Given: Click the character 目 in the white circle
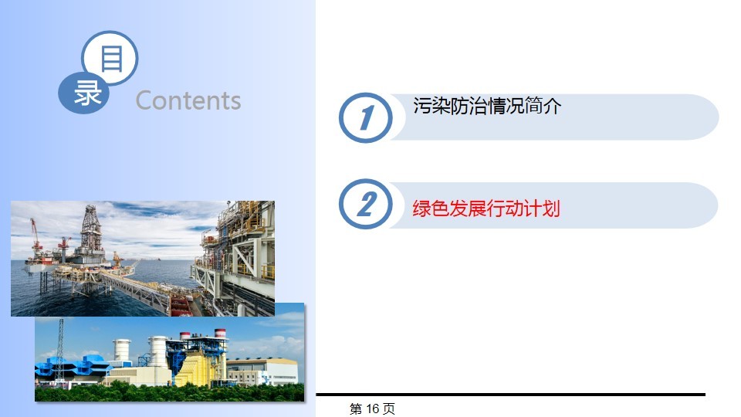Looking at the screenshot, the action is click(x=111, y=59).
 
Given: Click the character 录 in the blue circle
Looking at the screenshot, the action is click(x=87, y=93).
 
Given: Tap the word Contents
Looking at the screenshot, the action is click(x=188, y=100).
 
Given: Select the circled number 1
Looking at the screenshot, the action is click(x=366, y=117).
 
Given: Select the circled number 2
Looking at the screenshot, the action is click(x=366, y=204).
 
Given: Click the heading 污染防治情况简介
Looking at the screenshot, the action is click(x=487, y=106).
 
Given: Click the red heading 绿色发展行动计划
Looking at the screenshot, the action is click(x=486, y=208).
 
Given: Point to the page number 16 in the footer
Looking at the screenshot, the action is click(x=372, y=409).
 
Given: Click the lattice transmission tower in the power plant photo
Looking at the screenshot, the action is click(x=60, y=351).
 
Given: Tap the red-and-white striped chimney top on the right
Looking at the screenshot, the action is click(x=220, y=334).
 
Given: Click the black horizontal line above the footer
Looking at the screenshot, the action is click(x=510, y=395).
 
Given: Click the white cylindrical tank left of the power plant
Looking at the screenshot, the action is click(x=121, y=350).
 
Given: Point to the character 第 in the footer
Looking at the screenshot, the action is click(x=355, y=409).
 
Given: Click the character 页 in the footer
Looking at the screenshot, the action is click(x=389, y=409).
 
